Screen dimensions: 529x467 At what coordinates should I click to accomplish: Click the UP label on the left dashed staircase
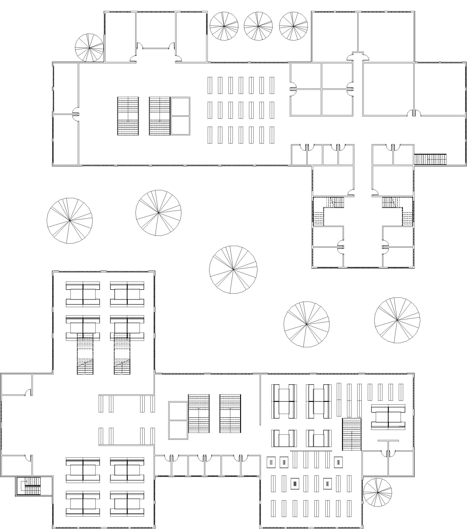point(83,374)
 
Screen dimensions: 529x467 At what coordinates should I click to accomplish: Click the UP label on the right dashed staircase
point(120,374)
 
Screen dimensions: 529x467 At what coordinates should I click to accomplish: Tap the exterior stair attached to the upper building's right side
point(430,159)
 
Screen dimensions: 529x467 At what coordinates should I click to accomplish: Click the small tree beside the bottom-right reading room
point(377,492)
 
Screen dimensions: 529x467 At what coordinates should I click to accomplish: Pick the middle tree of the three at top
point(258,26)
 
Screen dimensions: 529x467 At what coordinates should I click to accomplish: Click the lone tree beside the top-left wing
point(89,48)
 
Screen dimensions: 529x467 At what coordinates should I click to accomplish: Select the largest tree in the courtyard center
point(233,270)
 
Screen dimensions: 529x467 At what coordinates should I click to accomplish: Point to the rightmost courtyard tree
point(397,320)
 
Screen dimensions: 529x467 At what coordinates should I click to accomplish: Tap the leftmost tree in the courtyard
point(70,221)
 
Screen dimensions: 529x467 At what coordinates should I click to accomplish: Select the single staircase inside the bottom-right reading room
point(351,434)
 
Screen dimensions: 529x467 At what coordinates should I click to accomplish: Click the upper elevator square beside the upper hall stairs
point(180,106)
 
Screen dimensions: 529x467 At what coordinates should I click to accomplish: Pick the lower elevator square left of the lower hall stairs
point(178,430)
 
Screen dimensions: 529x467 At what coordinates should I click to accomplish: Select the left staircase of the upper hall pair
point(128,116)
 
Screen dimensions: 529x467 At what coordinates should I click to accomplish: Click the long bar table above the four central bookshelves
point(311,451)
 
